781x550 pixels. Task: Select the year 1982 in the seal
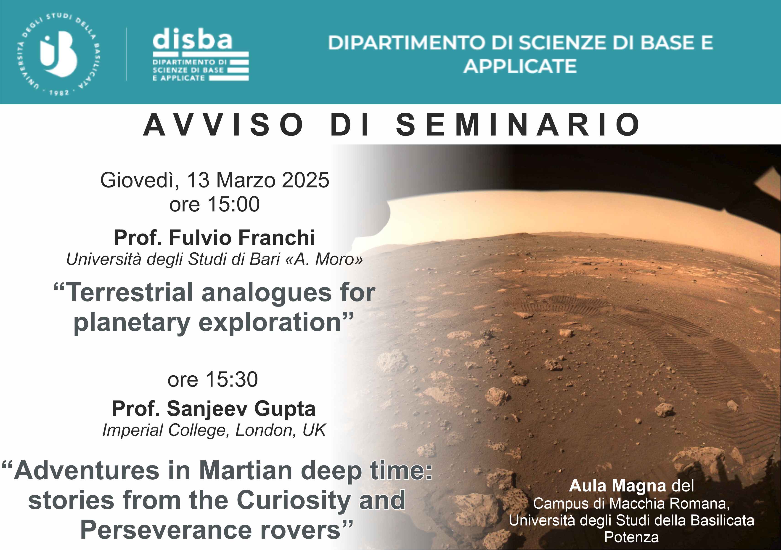pyautogui.click(x=59, y=92)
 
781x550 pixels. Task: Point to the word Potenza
pyautogui.click(x=631, y=537)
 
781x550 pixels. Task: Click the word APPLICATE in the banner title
pyautogui.click(x=520, y=66)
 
